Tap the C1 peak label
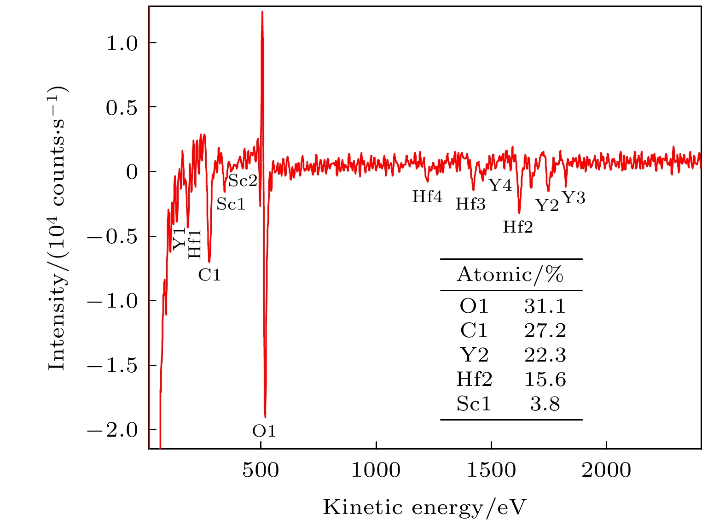click(x=209, y=275)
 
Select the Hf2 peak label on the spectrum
click(x=517, y=227)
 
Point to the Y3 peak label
click(x=574, y=198)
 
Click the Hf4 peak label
click(x=427, y=197)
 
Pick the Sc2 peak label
click(x=243, y=181)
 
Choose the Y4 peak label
click(x=500, y=185)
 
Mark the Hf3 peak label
click(x=470, y=204)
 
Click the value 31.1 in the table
click(x=545, y=306)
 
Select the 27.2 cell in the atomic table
click(x=545, y=331)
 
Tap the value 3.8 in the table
click(x=545, y=404)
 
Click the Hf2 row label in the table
click(x=474, y=380)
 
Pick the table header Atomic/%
click(x=510, y=275)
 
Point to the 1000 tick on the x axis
click(x=376, y=471)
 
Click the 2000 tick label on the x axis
click(x=606, y=471)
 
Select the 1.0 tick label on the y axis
click(x=122, y=43)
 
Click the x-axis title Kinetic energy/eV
click(x=424, y=507)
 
